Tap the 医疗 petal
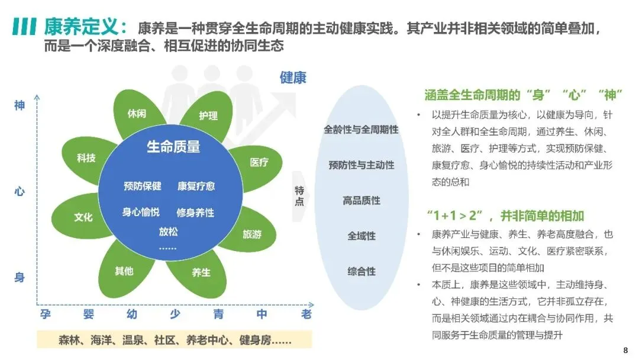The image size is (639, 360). click(x=259, y=162)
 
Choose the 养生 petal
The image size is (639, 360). click(x=201, y=272)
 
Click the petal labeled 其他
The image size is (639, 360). click(x=124, y=271)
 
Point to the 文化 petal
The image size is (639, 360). click(x=83, y=217)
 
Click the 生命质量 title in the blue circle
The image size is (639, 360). click(x=173, y=146)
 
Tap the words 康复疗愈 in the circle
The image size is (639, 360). click(x=196, y=186)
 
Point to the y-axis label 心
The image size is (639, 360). click(x=20, y=192)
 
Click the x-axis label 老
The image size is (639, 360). click(x=306, y=314)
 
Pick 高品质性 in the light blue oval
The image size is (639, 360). click(x=362, y=201)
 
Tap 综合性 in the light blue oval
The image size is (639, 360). click(x=362, y=272)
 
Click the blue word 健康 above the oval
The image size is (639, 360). click(x=293, y=78)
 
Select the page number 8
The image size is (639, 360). click(x=626, y=349)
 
